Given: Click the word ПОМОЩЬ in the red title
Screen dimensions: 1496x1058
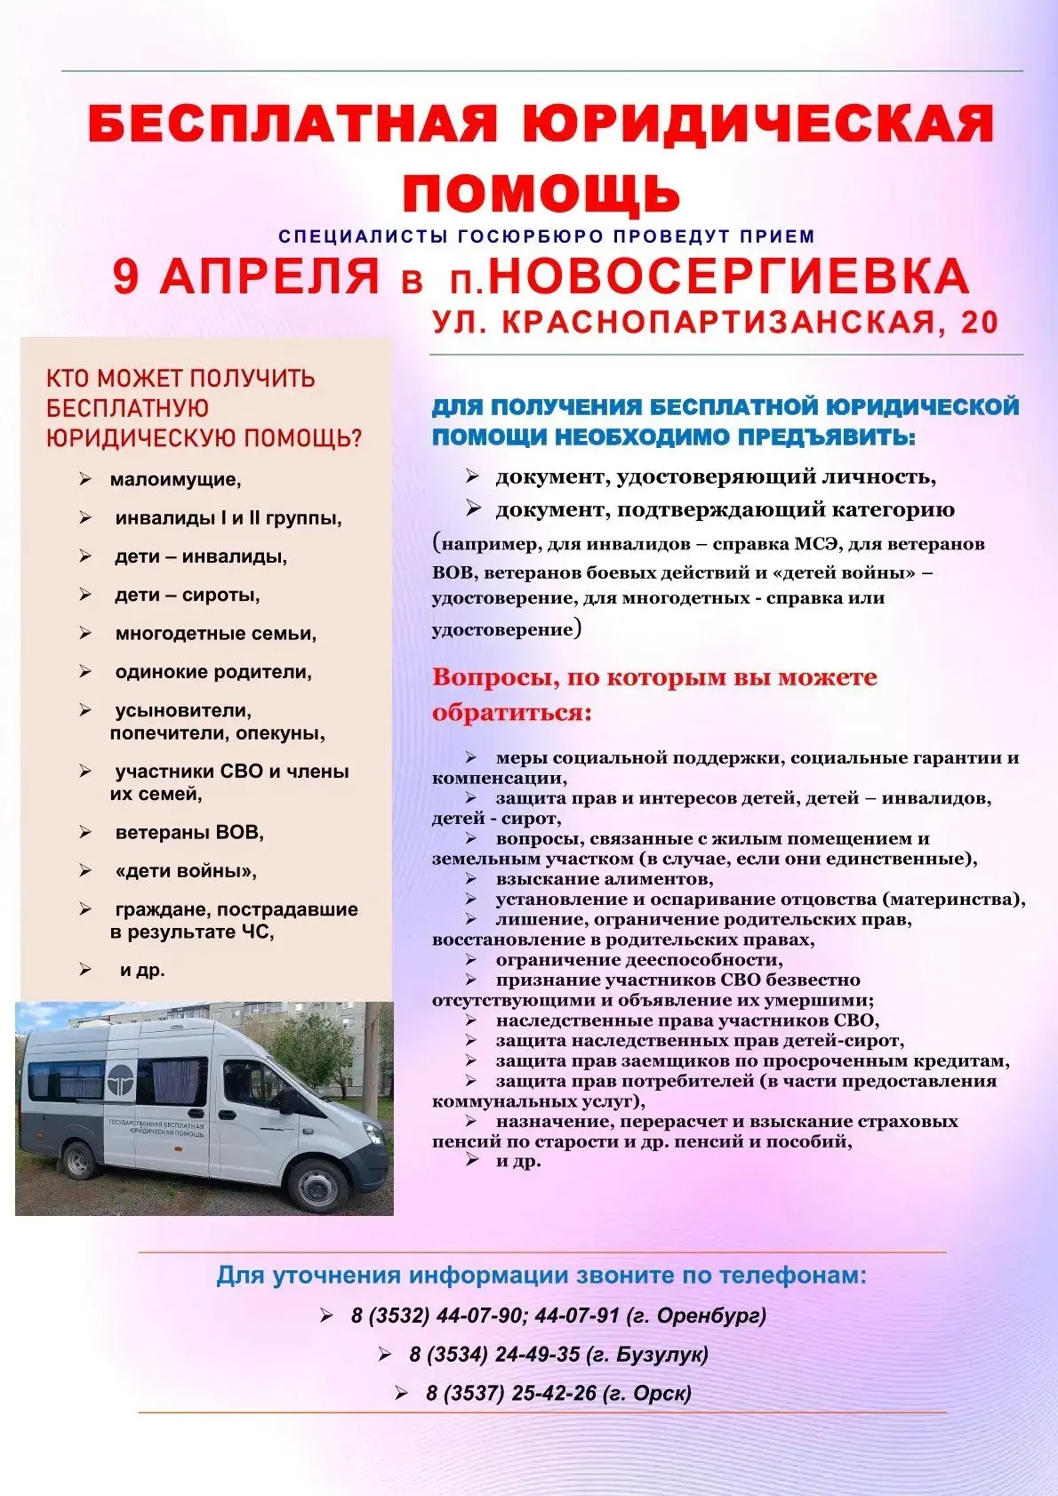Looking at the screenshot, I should (541, 192).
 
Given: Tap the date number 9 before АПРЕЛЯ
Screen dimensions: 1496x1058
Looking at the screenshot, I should (127, 276).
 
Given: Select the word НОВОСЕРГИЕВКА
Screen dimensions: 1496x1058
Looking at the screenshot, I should (728, 276).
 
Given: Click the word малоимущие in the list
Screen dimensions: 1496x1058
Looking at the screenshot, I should (174, 480).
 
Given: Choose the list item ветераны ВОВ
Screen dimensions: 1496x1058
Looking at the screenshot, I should (188, 833).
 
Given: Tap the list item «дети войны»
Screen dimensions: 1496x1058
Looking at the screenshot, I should (185, 871).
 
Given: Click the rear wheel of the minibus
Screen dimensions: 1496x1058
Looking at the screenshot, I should (80, 1160).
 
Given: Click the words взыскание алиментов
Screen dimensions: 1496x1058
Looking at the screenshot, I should (604, 879).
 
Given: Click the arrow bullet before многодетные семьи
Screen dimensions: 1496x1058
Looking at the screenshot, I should (85, 633).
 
